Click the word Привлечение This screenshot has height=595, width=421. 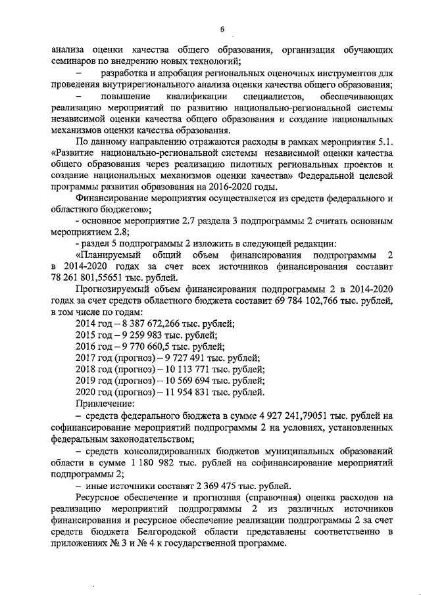[105, 404]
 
